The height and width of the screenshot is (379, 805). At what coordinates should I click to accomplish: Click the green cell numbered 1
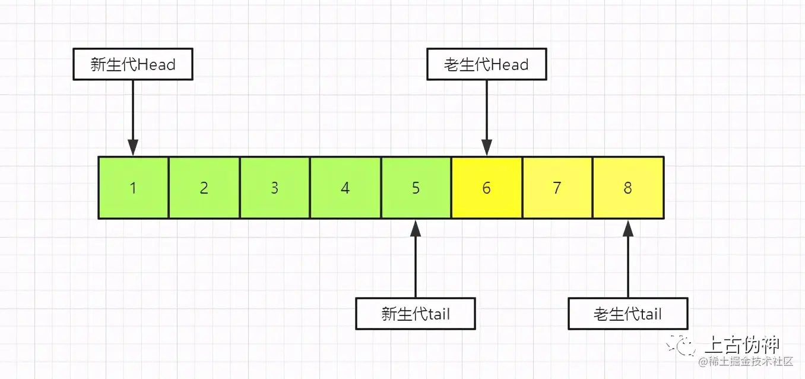(133, 188)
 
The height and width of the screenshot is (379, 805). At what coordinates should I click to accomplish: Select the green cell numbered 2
(204, 188)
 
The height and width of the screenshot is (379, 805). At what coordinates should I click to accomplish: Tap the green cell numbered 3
(274, 188)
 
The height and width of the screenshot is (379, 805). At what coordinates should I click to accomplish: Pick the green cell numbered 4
(345, 188)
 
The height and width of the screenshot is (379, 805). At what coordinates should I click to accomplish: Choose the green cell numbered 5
(416, 188)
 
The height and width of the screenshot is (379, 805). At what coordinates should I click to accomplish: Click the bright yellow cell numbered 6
(486, 188)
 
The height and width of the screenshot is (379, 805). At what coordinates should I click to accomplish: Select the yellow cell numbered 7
(557, 188)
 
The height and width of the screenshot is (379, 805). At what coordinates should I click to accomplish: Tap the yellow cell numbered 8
(627, 188)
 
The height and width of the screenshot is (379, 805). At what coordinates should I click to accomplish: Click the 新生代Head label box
(133, 64)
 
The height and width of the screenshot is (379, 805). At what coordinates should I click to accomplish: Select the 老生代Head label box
(486, 64)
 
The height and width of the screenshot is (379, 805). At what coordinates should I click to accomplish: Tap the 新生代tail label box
(416, 313)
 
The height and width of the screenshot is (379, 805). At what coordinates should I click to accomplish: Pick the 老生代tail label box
(627, 313)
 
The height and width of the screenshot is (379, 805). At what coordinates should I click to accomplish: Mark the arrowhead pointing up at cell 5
(416, 227)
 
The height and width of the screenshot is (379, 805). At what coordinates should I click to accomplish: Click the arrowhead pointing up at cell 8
(628, 227)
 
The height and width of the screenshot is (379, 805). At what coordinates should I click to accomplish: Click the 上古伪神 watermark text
(741, 345)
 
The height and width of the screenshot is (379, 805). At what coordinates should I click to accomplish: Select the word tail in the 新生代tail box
(438, 313)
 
